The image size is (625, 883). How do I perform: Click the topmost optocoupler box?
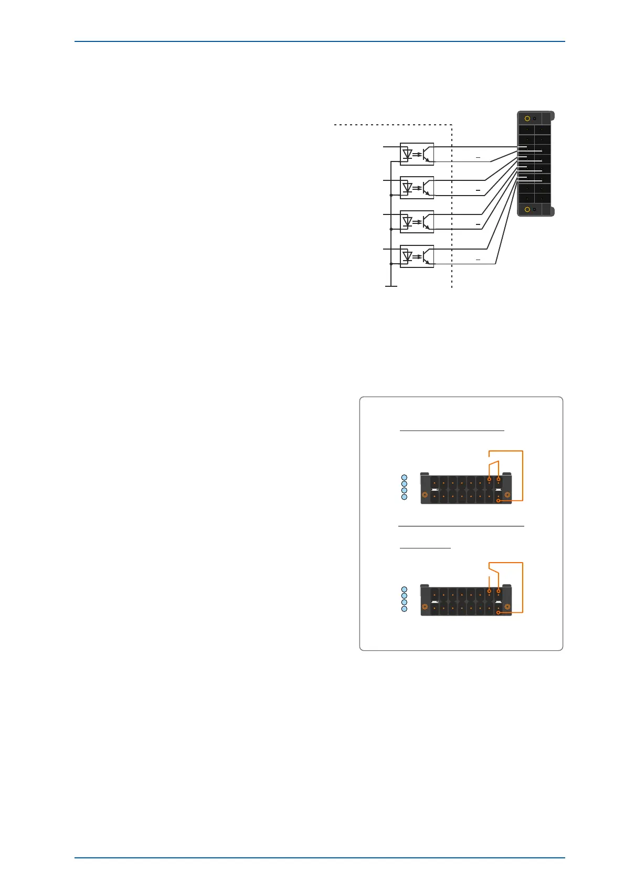pyautogui.click(x=417, y=154)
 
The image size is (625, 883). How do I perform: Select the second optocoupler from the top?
pyautogui.click(x=417, y=188)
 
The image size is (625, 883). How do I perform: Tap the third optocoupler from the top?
pyautogui.click(x=417, y=222)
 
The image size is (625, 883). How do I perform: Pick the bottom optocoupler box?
pyautogui.click(x=417, y=256)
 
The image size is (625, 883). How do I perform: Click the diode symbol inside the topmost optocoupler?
pyautogui.click(x=407, y=154)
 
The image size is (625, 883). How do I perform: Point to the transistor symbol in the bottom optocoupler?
pyautogui.click(x=428, y=256)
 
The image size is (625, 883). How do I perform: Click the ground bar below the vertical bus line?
pyautogui.click(x=391, y=286)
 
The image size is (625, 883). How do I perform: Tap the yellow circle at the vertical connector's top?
pyautogui.click(x=527, y=119)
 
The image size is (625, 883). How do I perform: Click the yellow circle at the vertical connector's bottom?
pyautogui.click(x=527, y=209)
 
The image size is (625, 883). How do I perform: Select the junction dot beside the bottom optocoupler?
pyautogui.click(x=391, y=264)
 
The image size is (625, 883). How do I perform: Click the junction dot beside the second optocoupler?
pyautogui.click(x=391, y=195)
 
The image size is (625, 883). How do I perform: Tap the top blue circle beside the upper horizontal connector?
pyautogui.click(x=404, y=477)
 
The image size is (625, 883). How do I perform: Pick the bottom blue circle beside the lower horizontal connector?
pyautogui.click(x=404, y=609)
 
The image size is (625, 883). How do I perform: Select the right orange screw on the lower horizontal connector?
pyautogui.click(x=507, y=607)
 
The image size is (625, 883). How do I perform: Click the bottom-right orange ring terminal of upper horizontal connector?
pyautogui.click(x=498, y=501)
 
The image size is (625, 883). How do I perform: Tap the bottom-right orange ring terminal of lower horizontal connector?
pyautogui.click(x=498, y=612)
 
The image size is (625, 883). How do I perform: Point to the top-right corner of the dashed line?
pyautogui.click(x=452, y=125)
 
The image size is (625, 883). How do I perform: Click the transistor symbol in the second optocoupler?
pyautogui.click(x=428, y=188)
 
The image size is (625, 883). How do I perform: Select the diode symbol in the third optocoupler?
pyautogui.click(x=407, y=222)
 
